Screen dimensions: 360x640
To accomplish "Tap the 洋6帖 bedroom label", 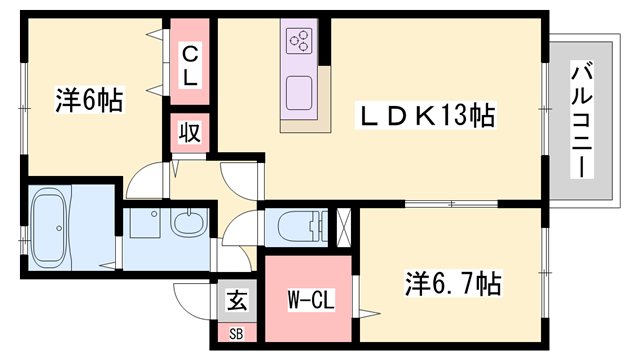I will point(89,100).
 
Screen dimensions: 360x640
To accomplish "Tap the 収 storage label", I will point(189,132).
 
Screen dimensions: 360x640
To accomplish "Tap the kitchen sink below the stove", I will point(299,93).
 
